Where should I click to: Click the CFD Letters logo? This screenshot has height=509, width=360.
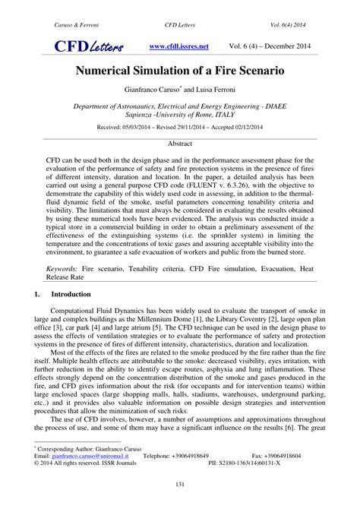87,48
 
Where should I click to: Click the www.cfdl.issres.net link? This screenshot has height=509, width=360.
179,46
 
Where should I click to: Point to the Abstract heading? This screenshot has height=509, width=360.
179,143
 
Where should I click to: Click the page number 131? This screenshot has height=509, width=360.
180,485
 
